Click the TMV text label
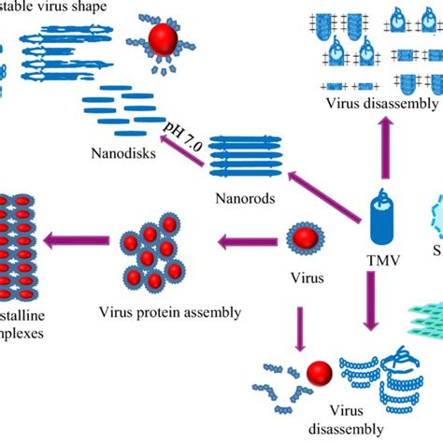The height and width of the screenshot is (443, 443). (x=383, y=262)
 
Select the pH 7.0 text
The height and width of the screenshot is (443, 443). (x=182, y=129)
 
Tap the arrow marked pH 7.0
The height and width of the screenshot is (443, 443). (x=182, y=151)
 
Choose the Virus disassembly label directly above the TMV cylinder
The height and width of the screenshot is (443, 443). (x=381, y=103)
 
